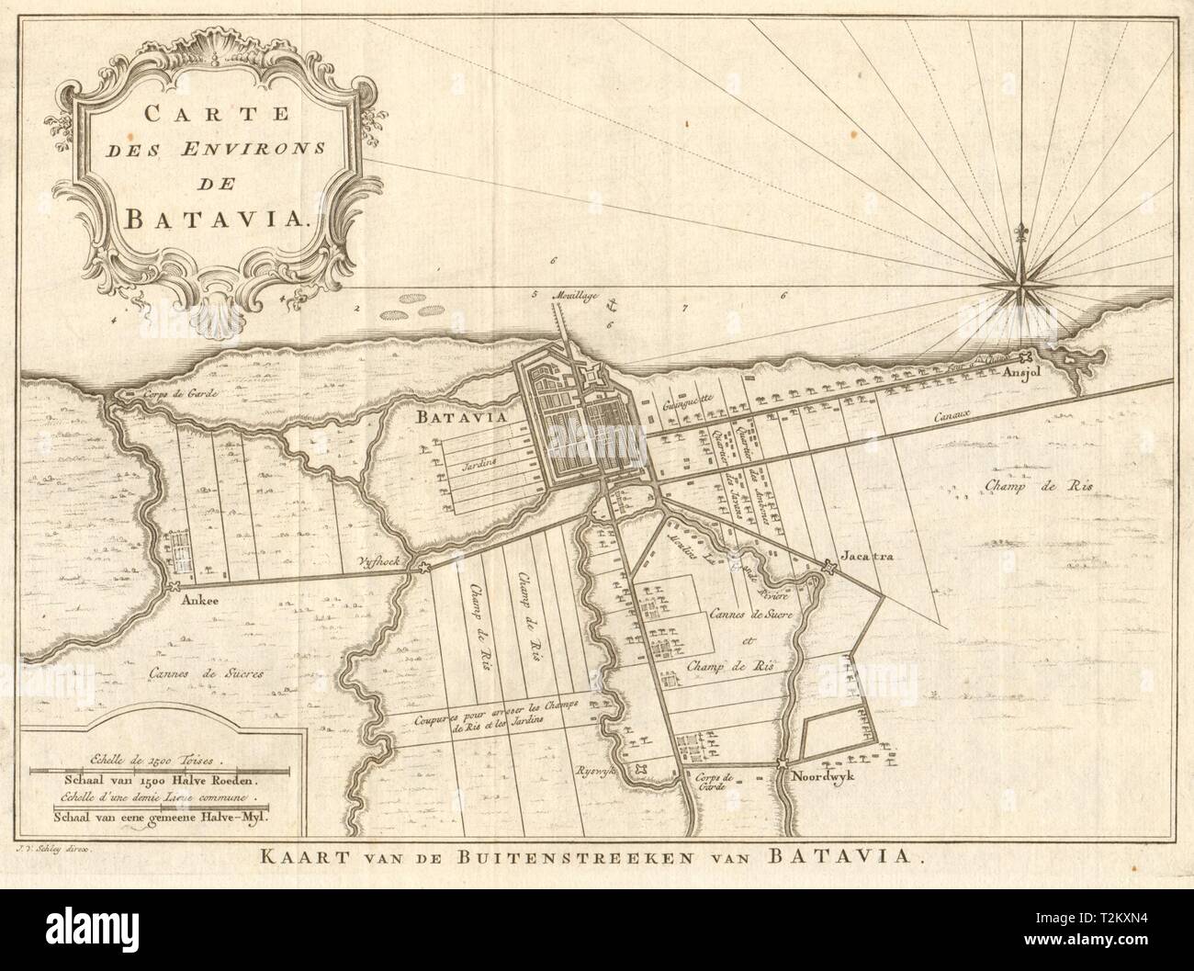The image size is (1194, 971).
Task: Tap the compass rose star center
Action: click(x=1020, y=288)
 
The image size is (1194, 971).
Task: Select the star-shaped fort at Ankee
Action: click(x=172, y=585)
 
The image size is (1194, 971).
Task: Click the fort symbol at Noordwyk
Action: click(x=782, y=763)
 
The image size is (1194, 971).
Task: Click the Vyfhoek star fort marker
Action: click(x=423, y=569)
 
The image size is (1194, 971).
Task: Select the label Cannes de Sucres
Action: click(x=206, y=673)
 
